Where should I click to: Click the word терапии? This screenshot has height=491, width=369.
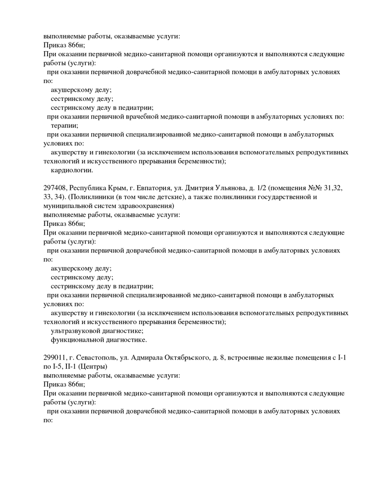pos(64,125)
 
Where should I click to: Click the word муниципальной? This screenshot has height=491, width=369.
pos(68,206)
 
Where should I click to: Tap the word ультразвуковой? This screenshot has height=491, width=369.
pos(78,331)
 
